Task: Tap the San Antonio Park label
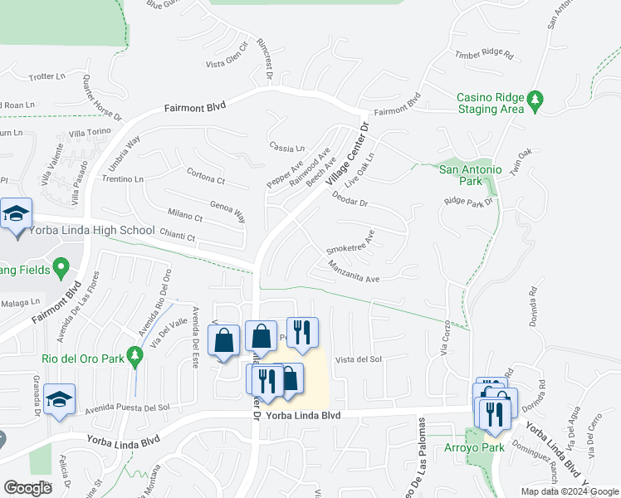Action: click(x=471, y=175)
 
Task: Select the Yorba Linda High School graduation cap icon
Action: click(x=17, y=215)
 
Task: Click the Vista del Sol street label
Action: click(x=358, y=359)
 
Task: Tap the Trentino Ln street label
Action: click(x=123, y=178)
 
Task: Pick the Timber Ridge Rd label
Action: click(x=484, y=56)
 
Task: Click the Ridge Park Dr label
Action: click(x=469, y=201)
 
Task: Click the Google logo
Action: click(x=27, y=488)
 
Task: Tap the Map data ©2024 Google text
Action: click(x=570, y=491)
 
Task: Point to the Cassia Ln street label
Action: click(x=287, y=147)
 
